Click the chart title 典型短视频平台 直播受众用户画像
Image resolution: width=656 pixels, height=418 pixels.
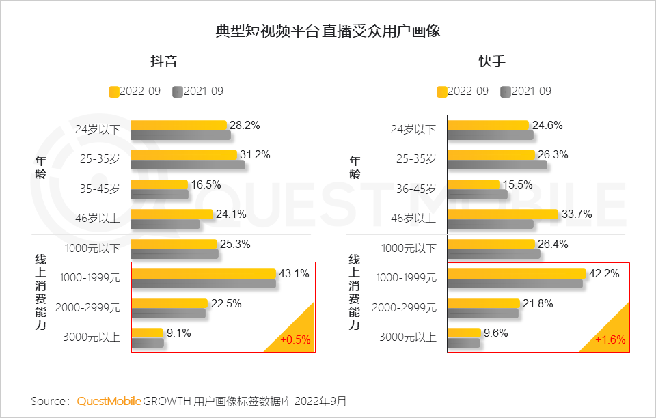click(x=327, y=31)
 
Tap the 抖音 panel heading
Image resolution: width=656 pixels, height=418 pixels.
click(x=164, y=61)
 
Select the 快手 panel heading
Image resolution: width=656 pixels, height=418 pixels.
click(x=492, y=61)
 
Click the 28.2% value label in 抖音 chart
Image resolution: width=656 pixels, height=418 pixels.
click(x=245, y=125)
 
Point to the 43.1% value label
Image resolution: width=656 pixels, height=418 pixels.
click(x=294, y=274)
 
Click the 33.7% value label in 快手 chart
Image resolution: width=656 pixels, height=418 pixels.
click(x=577, y=214)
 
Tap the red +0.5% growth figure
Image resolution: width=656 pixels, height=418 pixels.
click(x=295, y=339)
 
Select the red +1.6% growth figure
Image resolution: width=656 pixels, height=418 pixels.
click(x=610, y=339)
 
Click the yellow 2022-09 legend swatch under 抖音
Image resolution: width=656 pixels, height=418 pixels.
click(x=114, y=92)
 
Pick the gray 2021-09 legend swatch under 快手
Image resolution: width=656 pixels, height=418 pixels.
click(x=506, y=92)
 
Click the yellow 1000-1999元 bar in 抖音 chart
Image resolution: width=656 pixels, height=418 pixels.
click(x=203, y=273)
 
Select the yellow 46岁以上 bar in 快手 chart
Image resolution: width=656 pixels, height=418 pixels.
click(x=503, y=214)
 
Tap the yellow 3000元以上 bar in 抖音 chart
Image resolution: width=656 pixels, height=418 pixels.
click(x=148, y=333)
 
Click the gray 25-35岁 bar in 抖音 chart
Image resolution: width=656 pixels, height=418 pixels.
click(x=188, y=165)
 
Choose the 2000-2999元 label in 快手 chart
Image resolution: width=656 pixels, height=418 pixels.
click(x=404, y=307)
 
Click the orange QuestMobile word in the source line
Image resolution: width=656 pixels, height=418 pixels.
click(x=109, y=401)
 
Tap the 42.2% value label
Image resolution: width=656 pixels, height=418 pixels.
click(x=604, y=274)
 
